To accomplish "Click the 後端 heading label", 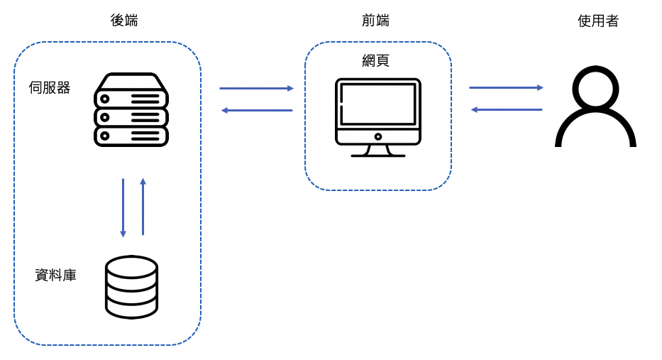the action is tap(124, 21).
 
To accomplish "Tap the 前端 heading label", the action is tap(375, 21).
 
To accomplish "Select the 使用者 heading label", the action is tap(598, 21).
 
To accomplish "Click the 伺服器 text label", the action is tap(50, 87).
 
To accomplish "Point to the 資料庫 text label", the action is tap(55, 275).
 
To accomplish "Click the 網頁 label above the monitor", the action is tap(375, 60).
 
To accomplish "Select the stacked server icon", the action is tap(131, 110).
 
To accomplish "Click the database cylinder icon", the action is tap(131, 287).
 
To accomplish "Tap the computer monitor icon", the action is tap(378, 117).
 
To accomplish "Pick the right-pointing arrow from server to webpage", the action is tap(256, 88).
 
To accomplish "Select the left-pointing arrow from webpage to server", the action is tap(257, 110).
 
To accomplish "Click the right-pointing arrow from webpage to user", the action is tap(506, 87).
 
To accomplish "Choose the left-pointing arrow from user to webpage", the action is tap(507, 109).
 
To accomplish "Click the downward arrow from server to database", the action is tap(123, 208).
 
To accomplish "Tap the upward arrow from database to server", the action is tap(143, 207).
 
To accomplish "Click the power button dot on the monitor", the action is tap(378, 136).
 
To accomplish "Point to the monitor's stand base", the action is tap(378, 156).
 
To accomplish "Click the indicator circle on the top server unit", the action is tap(105, 99).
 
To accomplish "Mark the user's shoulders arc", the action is tap(595, 127).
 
